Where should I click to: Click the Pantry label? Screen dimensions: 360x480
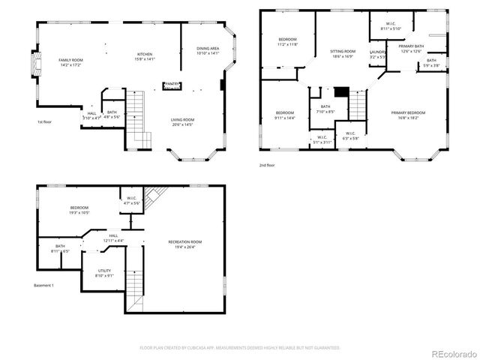click(172, 84)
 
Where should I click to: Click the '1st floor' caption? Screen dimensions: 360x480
click(44, 122)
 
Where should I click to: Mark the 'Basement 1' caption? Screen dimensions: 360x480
click(44, 286)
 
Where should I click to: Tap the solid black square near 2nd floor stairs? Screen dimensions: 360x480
click(341, 91)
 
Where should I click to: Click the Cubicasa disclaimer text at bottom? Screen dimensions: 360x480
click(240, 348)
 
